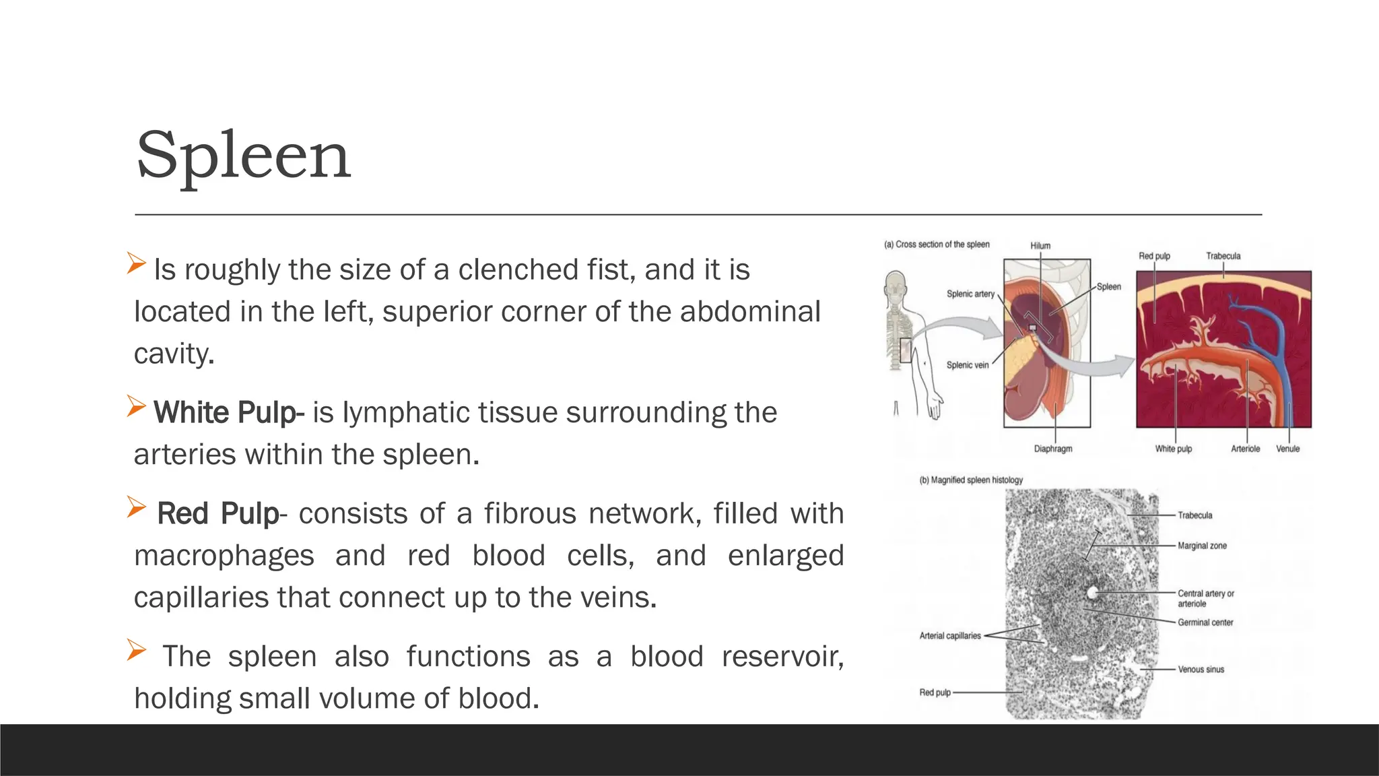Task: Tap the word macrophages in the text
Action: [224, 556]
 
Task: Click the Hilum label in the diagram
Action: [1040, 246]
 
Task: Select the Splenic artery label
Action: [970, 294]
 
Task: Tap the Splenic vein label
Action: [968, 365]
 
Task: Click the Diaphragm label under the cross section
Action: [1053, 449]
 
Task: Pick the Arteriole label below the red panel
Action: [1245, 449]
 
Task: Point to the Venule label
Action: [1287, 449]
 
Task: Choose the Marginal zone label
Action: [1202, 546]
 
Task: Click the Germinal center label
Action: [1205, 622]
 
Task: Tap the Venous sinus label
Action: [1201, 670]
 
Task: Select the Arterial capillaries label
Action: [950, 636]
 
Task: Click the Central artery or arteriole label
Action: [1205, 598]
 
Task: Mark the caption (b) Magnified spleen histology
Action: [971, 480]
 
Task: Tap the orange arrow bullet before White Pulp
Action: [136, 406]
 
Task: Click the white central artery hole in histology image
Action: [1092, 592]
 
